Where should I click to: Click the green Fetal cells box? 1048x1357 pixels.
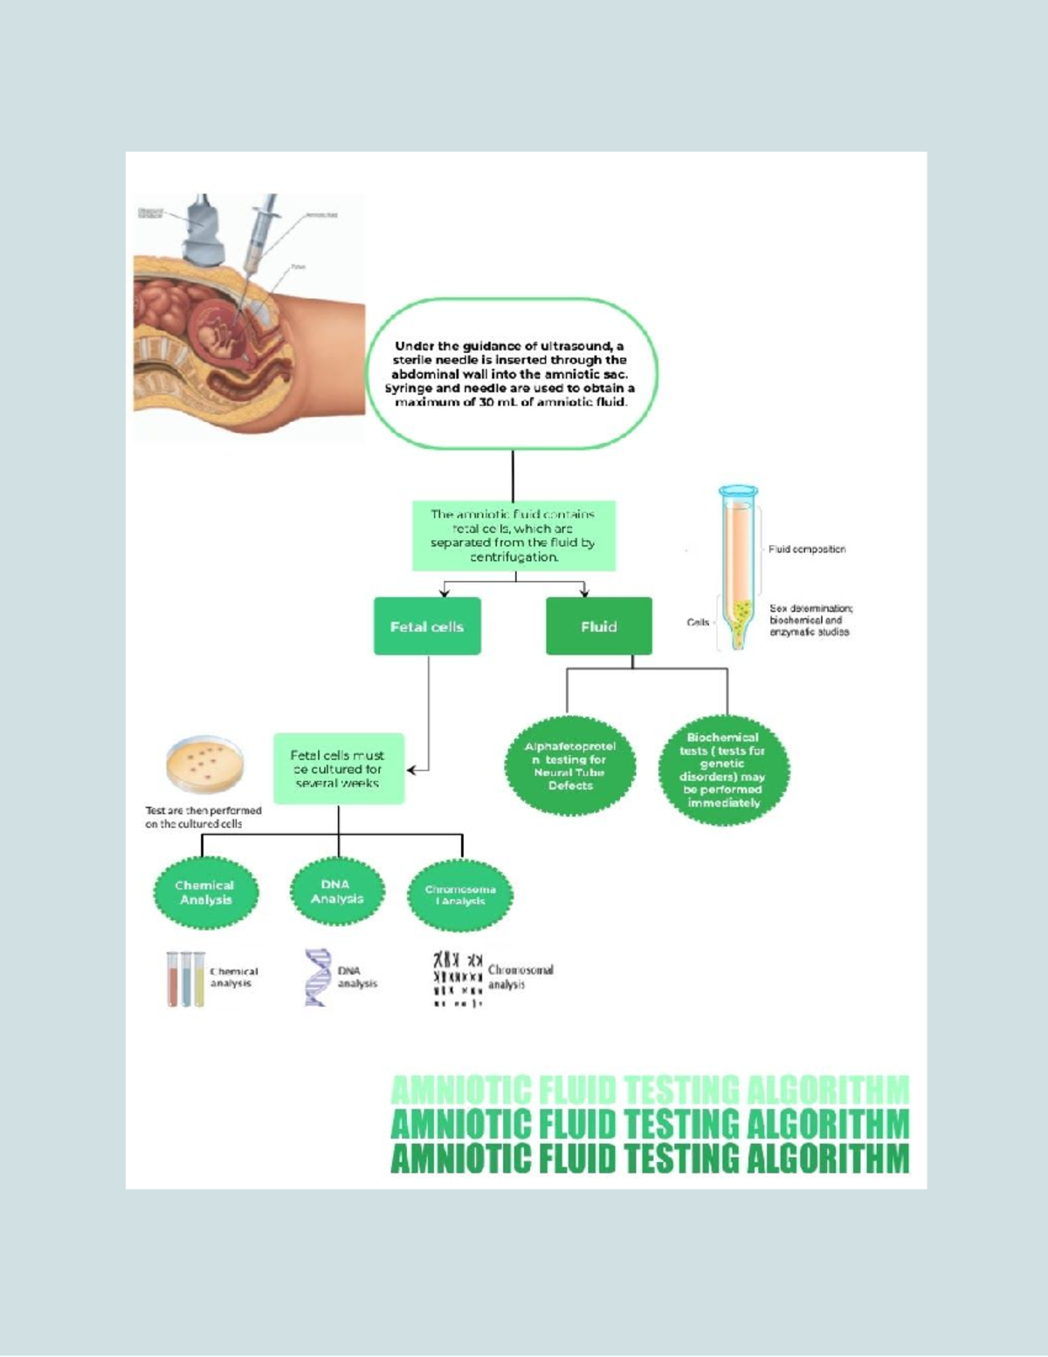click(427, 627)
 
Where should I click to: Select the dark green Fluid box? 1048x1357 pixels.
click(599, 627)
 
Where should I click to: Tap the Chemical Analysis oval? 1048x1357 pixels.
click(206, 892)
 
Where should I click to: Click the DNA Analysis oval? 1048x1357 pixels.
click(337, 891)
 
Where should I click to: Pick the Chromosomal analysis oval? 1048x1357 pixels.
click(460, 895)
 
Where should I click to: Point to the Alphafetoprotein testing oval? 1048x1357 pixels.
click(570, 766)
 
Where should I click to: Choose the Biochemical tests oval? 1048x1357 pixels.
click(723, 770)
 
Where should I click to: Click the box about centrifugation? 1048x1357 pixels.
click(514, 536)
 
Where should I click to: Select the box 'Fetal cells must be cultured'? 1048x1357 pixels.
click(338, 769)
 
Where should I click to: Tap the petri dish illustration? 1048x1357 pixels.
click(204, 763)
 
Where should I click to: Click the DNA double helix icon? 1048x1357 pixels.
click(316, 978)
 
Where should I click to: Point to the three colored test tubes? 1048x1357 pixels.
click(185, 980)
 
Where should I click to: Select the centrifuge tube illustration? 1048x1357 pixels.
click(739, 568)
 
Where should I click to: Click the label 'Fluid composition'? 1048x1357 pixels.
click(807, 550)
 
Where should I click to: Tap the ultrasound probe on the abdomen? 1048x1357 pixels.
click(203, 230)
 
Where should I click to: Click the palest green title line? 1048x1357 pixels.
click(650, 1090)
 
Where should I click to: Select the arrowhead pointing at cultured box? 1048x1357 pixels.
click(411, 770)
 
